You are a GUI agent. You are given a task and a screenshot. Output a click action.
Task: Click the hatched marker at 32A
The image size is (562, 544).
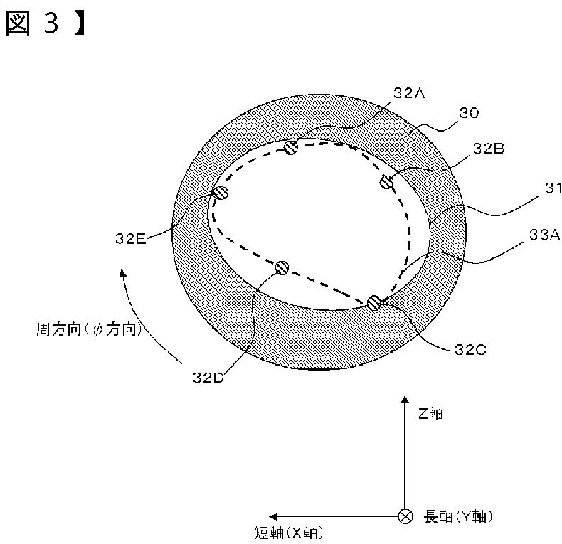pyautogui.click(x=290, y=147)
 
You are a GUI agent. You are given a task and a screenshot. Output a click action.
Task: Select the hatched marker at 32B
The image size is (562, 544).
pyautogui.click(x=386, y=182)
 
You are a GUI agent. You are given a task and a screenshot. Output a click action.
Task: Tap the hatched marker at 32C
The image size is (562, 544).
pyautogui.click(x=375, y=302)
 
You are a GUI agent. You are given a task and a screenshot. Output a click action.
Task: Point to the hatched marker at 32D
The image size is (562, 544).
pyautogui.click(x=282, y=267)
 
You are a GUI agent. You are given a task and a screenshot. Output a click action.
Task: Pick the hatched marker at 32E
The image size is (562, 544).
pyautogui.click(x=221, y=192)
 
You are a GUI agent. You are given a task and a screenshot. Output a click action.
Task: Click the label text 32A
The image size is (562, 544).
pyautogui.click(x=409, y=92)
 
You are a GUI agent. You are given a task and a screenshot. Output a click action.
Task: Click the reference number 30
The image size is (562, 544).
pyautogui.click(x=470, y=112)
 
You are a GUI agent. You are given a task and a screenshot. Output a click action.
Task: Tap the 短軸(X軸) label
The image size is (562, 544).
pyautogui.click(x=292, y=532)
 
